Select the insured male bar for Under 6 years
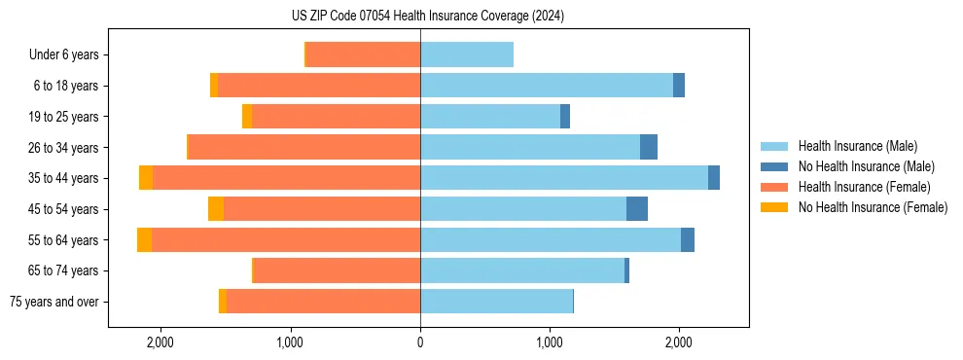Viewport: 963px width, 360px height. [x=467, y=55]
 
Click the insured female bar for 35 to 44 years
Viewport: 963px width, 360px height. [x=286, y=178]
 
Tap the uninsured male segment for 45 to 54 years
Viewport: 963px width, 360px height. [x=637, y=209]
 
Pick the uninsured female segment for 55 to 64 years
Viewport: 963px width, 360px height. [x=144, y=240]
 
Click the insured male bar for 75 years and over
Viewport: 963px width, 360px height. [x=496, y=302]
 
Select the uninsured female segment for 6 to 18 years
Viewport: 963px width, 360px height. [x=214, y=86]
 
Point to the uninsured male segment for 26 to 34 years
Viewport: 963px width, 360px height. [x=649, y=148]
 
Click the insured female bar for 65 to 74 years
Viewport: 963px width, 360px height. [x=337, y=270]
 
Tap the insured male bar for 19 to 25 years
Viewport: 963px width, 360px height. [x=490, y=117]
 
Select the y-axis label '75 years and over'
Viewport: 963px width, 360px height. [x=53, y=302]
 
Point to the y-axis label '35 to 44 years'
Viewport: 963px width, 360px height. [x=64, y=178]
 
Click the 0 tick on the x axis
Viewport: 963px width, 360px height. [x=420, y=342]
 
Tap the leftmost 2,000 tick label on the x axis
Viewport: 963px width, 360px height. [x=160, y=342]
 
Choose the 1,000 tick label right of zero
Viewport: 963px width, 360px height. [x=550, y=342]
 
